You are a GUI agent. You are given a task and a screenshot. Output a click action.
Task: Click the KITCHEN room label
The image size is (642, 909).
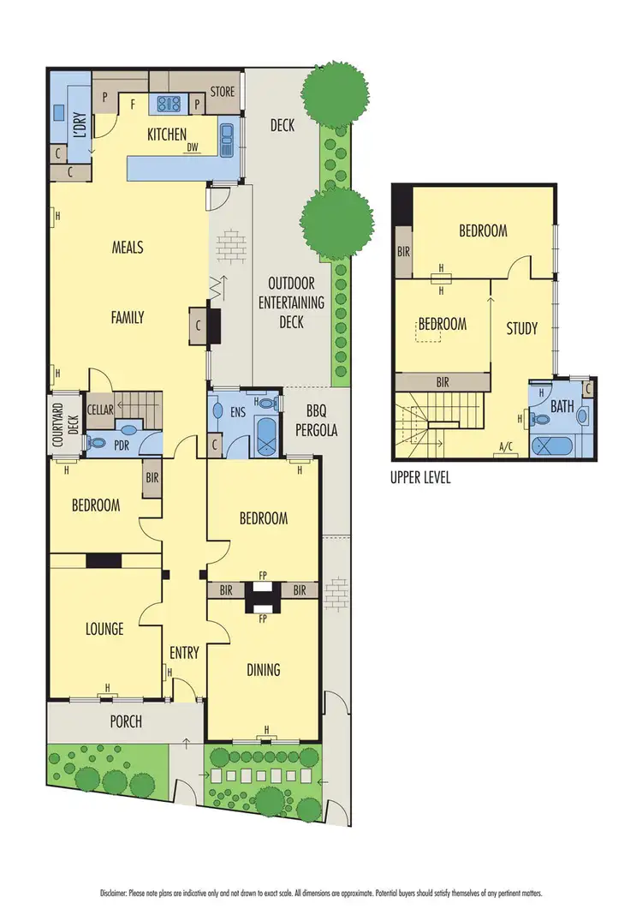click(167, 134)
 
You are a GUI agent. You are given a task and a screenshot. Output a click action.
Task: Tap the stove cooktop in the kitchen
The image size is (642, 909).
click(165, 104)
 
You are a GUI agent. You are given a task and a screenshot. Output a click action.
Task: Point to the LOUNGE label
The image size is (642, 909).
click(104, 629)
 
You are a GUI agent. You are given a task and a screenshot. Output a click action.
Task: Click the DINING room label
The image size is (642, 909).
click(263, 669)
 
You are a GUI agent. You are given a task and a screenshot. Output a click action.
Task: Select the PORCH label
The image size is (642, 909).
click(126, 721)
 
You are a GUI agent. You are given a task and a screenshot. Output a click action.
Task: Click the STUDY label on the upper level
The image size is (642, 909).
click(521, 327)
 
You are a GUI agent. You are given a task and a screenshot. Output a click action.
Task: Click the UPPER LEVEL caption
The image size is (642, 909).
click(421, 478)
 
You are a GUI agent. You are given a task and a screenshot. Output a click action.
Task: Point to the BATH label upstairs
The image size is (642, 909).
click(562, 407)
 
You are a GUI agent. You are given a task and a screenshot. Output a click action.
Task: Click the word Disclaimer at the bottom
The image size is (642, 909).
click(118, 892)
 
